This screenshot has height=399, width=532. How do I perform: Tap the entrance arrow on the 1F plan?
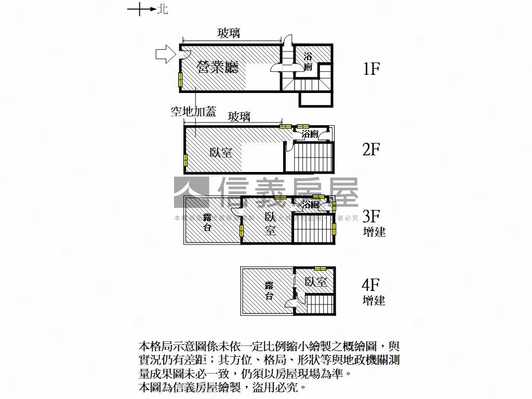166,54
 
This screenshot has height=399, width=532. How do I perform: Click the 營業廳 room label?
218,67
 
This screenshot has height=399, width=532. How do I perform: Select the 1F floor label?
371,69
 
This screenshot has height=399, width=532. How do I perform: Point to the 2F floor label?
371,150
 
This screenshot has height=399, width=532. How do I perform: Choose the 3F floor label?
371,216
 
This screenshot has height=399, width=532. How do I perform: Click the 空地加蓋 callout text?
193,111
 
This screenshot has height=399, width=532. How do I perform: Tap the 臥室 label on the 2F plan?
221,152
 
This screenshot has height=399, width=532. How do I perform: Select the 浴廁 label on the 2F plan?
310,134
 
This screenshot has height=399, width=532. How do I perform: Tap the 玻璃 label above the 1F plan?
229,33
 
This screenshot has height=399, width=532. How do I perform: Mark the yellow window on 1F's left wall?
180,79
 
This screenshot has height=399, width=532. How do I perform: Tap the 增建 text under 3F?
374,232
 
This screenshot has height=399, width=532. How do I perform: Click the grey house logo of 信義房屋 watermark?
191,192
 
